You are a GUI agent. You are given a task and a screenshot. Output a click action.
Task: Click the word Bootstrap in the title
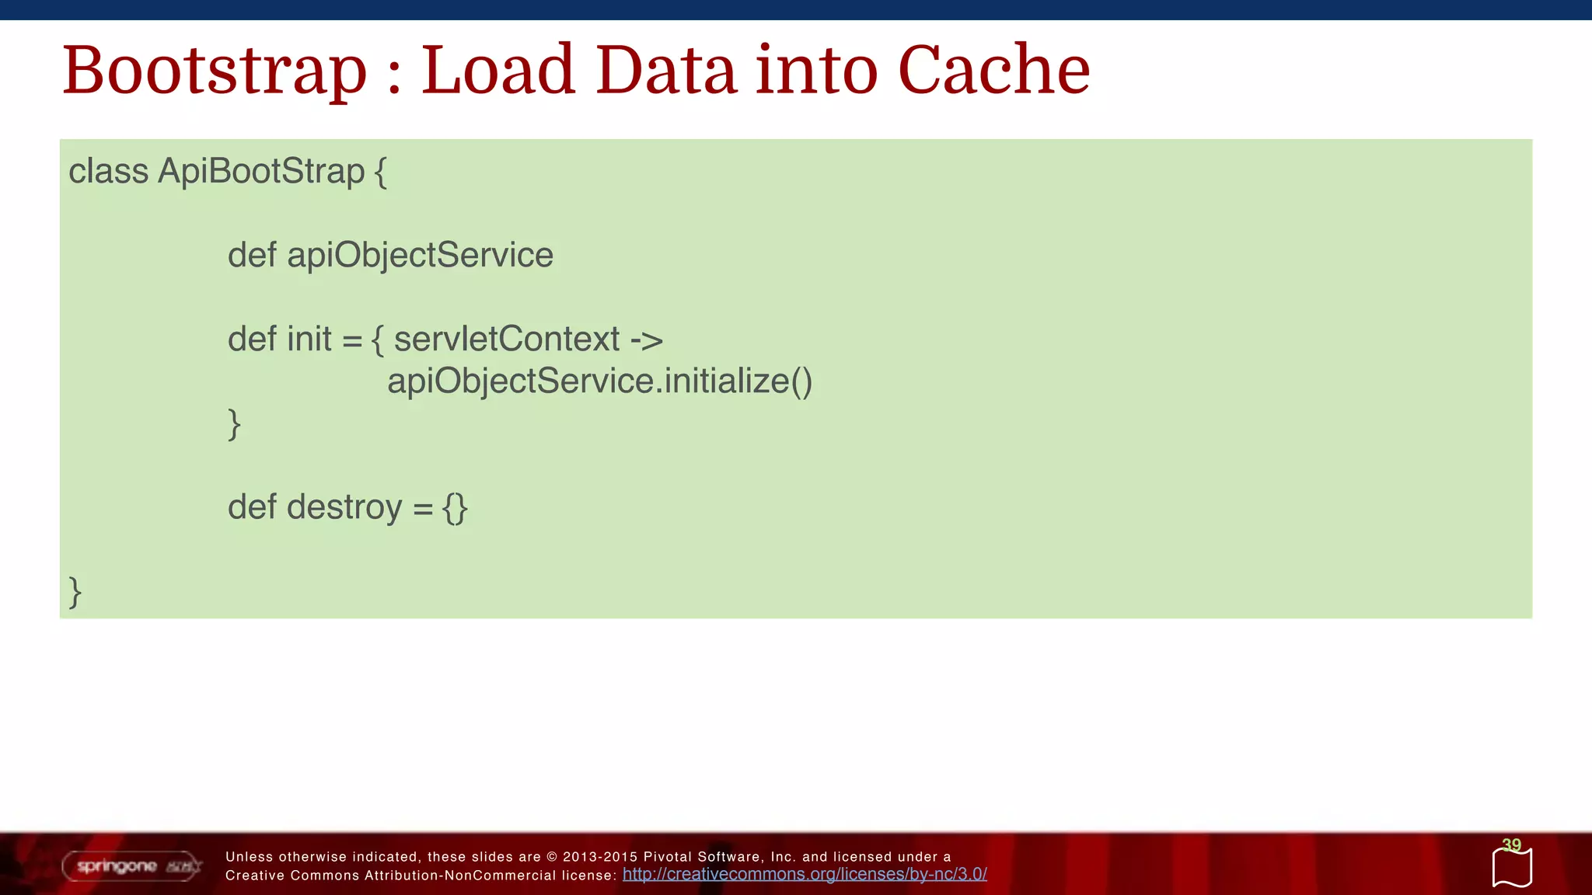click(214, 71)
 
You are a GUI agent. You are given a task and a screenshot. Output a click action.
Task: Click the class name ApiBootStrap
click(261, 171)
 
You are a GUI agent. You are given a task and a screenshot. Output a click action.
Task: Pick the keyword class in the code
click(108, 171)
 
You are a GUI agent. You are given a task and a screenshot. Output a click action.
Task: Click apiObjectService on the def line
click(420, 255)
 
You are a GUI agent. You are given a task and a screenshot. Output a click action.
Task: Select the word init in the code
click(309, 339)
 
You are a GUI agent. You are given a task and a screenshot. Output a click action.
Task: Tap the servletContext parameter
click(507, 339)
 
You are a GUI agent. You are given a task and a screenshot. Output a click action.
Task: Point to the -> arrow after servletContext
click(646, 340)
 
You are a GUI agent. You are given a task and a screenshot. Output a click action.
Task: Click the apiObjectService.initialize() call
click(599, 381)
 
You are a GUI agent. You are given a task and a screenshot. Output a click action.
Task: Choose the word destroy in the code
click(344, 507)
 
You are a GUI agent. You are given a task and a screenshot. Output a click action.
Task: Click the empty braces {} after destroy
click(455, 508)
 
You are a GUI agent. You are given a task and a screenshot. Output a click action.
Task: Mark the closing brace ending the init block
click(234, 424)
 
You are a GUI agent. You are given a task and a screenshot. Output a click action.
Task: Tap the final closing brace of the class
click(75, 592)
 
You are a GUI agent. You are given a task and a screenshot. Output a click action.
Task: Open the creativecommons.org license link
click(805, 875)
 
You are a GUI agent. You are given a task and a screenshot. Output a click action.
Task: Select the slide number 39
click(1511, 845)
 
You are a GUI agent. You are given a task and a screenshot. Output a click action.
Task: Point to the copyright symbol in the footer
click(552, 857)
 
